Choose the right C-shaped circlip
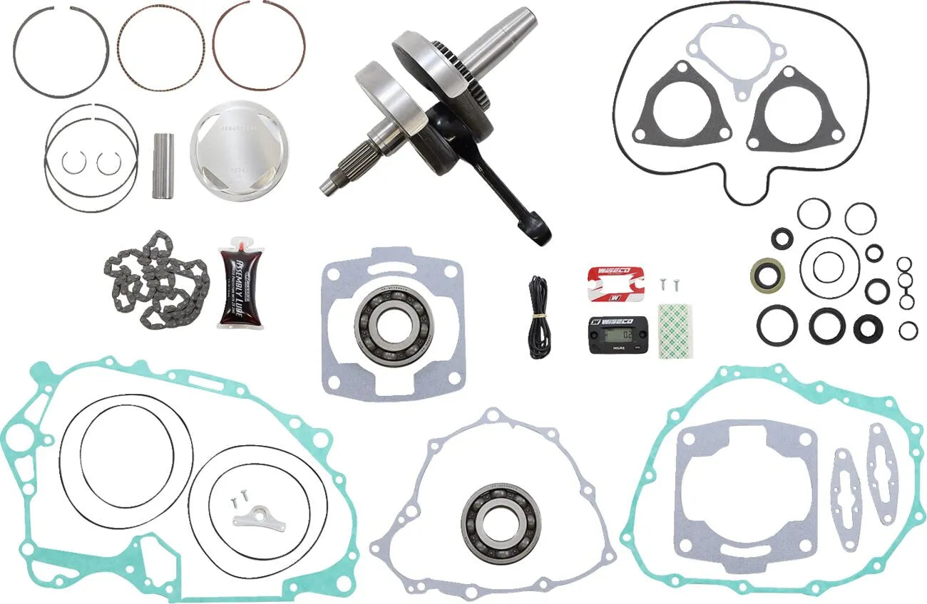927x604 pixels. coord(109,163)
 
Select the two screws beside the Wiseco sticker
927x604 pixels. coord(665,283)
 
